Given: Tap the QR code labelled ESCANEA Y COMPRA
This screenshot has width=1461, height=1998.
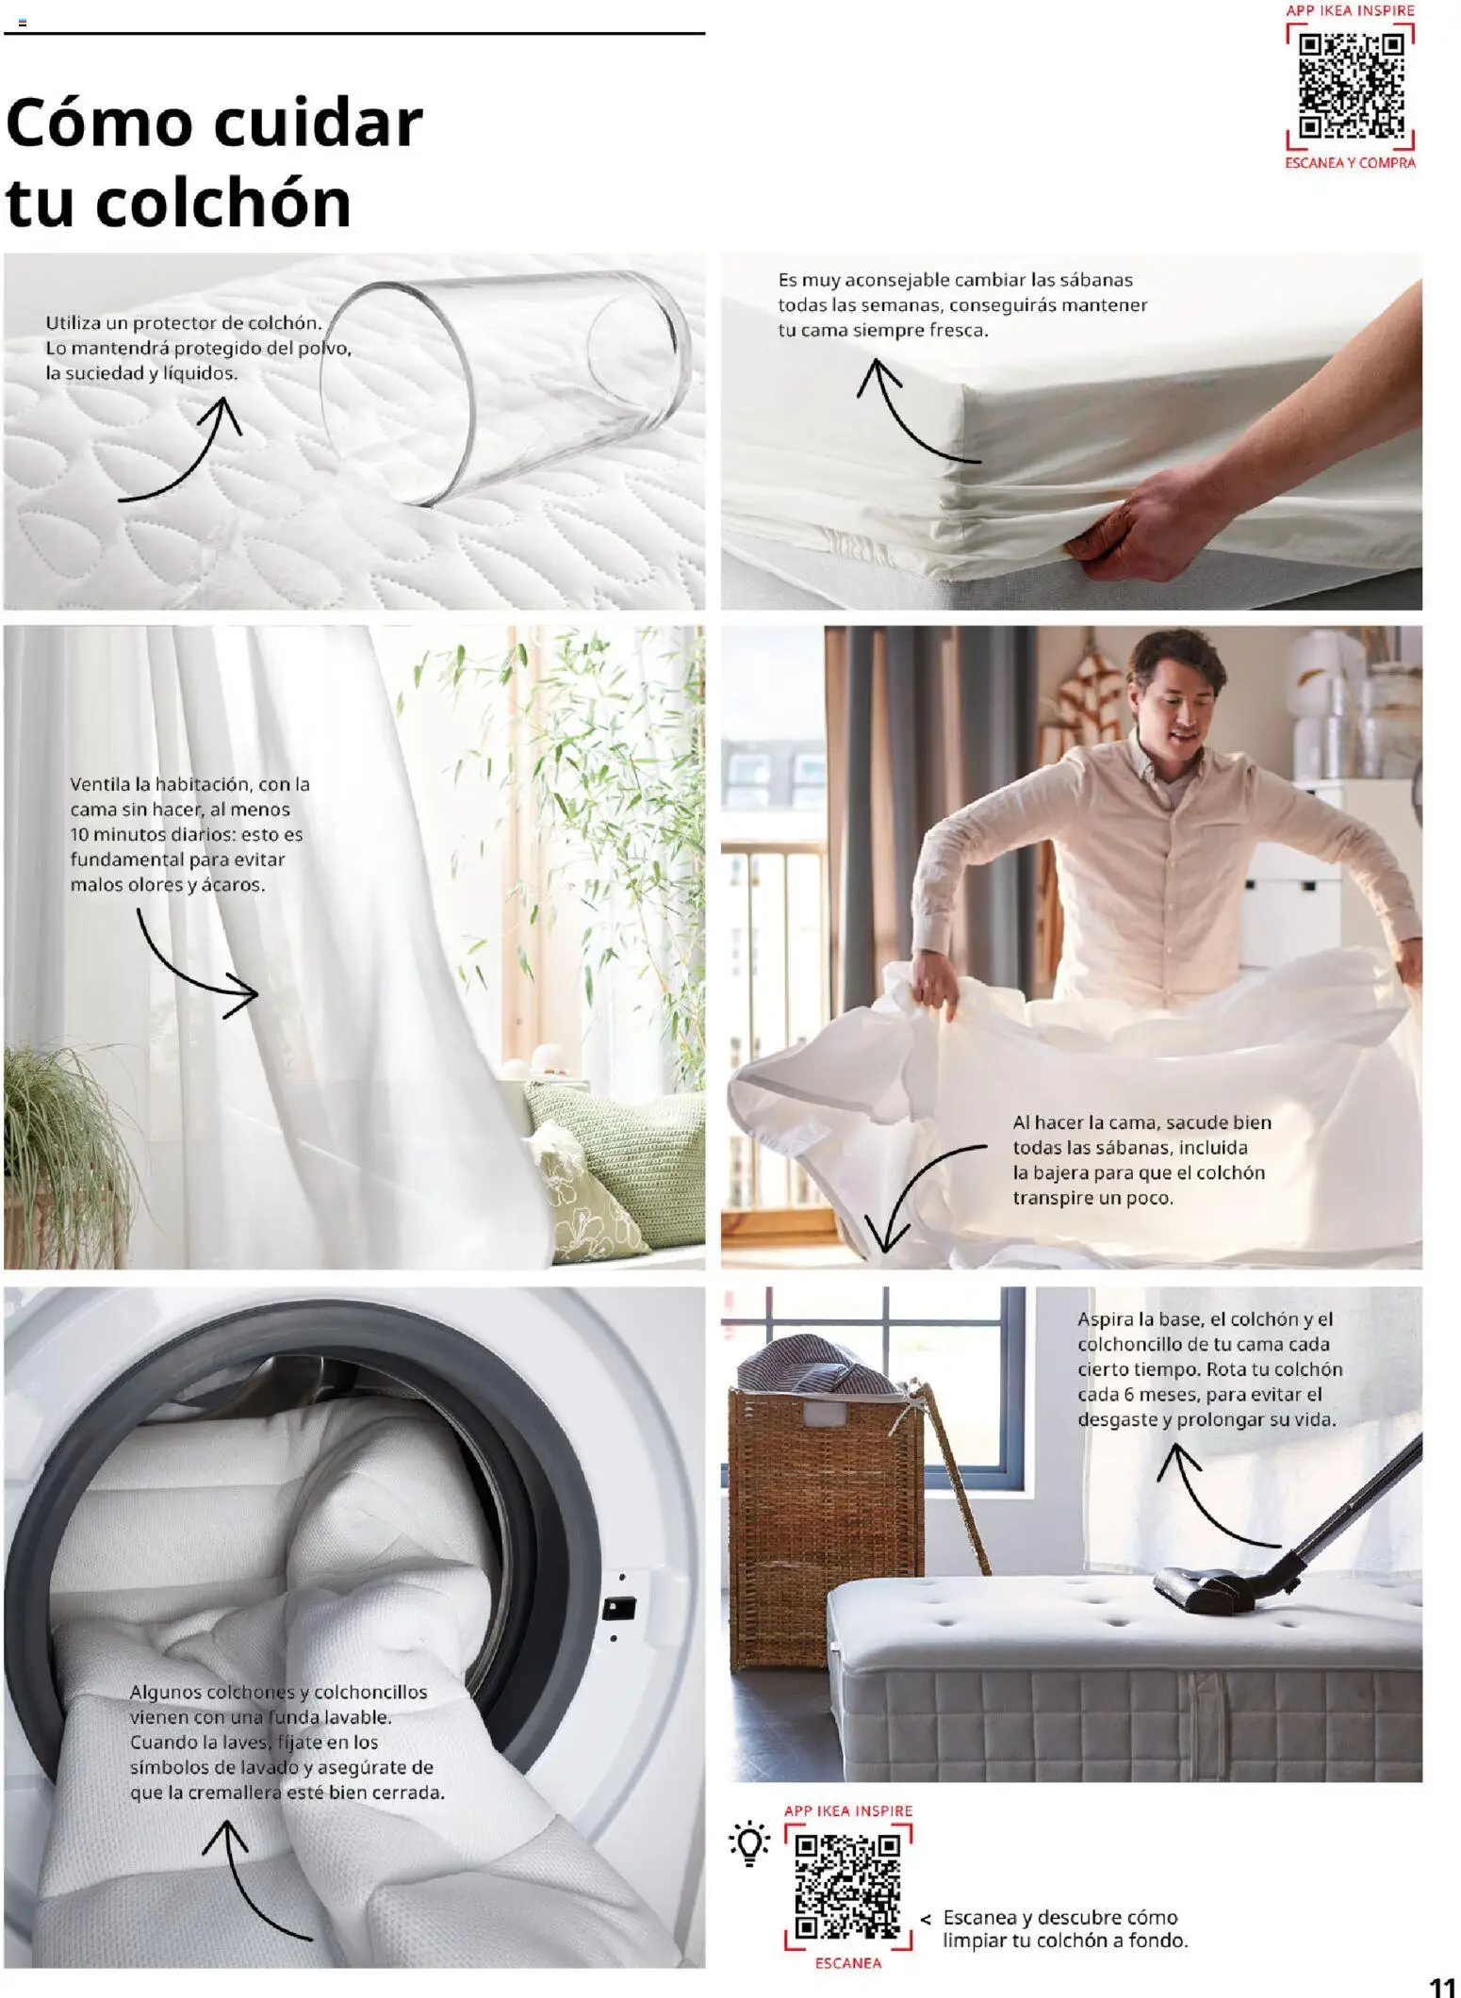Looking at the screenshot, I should tap(1351, 85).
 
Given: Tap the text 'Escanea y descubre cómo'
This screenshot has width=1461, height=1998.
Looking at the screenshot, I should tap(1059, 1917).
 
